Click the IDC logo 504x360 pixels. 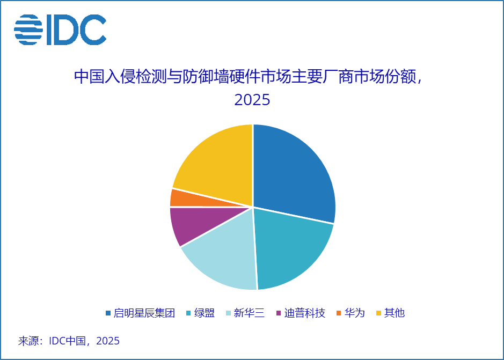pyautogui.click(x=60, y=30)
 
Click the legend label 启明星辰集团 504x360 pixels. pyautogui.click(x=144, y=313)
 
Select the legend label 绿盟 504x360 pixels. pyautogui.click(x=204, y=313)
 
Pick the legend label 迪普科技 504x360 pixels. pyautogui.click(x=305, y=313)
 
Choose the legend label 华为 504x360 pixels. pyautogui.click(x=354, y=313)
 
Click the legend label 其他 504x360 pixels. pyautogui.click(x=395, y=313)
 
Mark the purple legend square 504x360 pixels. pyautogui.click(x=279, y=313)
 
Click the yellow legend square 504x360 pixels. pyautogui.click(x=378, y=313)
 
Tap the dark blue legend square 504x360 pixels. pyautogui.click(x=108, y=313)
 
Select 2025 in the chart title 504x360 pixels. pyautogui.click(x=252, y=100)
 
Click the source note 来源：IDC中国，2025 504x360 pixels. pyautogui.click(x=69, y=341)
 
